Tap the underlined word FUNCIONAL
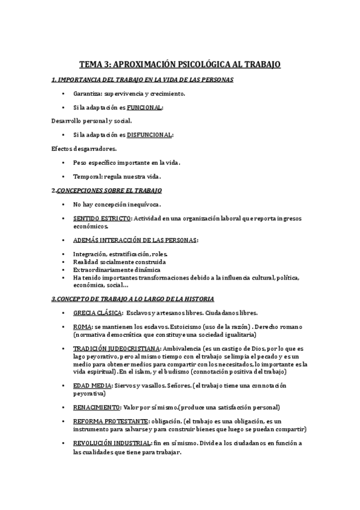coord(145,108)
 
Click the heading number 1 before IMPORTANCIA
coord(53,80)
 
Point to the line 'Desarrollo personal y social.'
coord(92,121)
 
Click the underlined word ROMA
coord(82,327)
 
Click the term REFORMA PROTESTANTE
coord(111,421)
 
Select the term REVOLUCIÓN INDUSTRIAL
coord(112,443)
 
